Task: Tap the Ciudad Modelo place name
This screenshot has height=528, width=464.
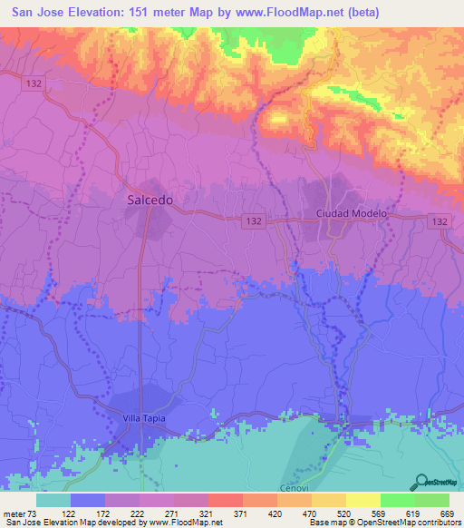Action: point(351,213)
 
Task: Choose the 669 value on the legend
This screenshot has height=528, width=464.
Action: point(445,513)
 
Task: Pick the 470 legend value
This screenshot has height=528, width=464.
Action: point(310,513)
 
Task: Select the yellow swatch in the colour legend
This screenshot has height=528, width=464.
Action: point(362,500)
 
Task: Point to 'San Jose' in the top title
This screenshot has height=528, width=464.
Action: point(36,12)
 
